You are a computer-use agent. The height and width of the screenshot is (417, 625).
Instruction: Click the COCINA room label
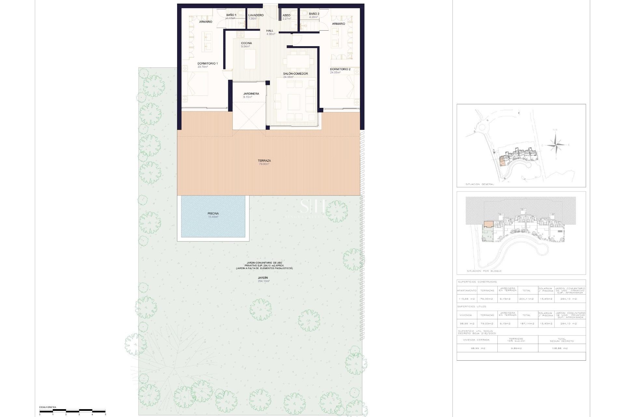coord(246,43)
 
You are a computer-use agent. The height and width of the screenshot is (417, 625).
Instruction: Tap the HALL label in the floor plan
coord(270,31)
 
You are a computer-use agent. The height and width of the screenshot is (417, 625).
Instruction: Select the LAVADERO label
coord(256,15)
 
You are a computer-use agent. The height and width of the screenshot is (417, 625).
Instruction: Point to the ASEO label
coord(286,15)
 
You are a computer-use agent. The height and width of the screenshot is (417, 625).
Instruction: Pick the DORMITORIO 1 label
coord(207,64)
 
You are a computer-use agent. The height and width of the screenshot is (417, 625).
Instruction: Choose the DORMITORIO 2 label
coord(340,69)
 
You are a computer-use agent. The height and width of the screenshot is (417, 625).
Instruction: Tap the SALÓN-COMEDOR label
coord(295,74)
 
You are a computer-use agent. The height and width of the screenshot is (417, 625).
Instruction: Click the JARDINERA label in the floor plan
coord(251,94)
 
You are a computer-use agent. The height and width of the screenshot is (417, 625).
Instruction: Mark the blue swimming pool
coord(213,216)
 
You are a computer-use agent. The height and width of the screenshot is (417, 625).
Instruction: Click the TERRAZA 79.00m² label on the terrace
coord(264,162)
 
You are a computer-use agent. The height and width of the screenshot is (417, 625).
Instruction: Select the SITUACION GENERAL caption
coord(480,184)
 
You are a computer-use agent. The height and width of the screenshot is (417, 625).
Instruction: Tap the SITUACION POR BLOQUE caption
coord(484,271)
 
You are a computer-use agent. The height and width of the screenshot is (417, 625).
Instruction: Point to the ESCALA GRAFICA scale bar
coord(73,411)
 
